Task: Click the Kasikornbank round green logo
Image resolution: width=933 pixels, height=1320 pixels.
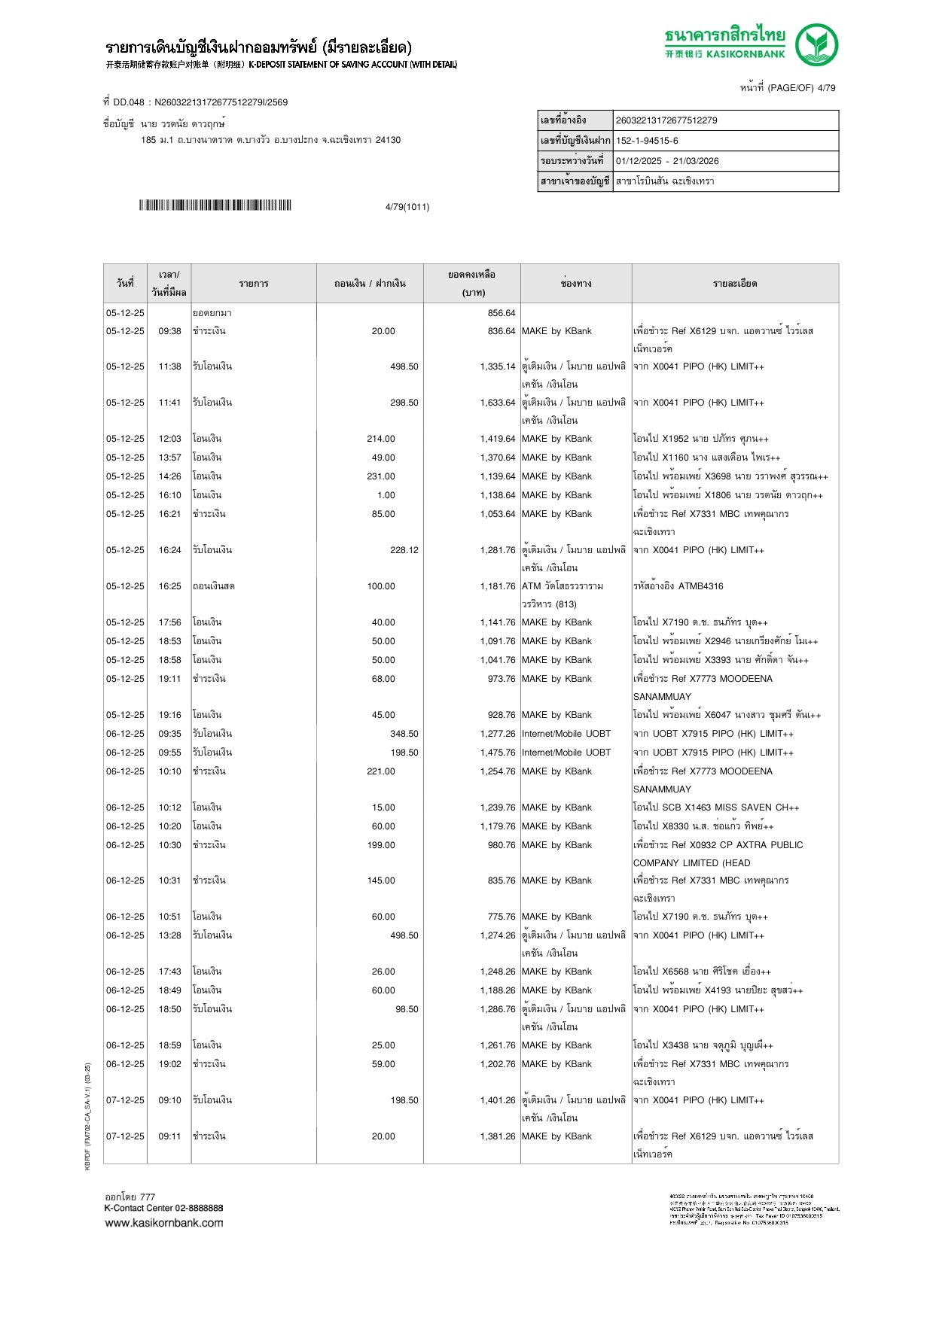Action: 816,45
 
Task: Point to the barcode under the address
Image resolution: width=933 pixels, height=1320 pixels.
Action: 215,205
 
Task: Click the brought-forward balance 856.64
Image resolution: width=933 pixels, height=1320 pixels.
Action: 501,313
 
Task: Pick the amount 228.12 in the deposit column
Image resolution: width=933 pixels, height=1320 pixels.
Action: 404,550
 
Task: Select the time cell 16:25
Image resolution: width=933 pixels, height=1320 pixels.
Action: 169,586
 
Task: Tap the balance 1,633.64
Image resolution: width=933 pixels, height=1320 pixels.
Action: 498,403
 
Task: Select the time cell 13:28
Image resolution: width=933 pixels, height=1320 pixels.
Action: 169,935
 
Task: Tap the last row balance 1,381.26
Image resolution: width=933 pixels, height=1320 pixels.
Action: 498,1136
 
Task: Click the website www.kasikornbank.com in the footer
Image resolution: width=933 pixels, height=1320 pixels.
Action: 164,1223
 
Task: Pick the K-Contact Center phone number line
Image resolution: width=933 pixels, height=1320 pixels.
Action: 163,1208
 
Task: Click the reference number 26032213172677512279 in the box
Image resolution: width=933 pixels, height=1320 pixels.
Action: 666,120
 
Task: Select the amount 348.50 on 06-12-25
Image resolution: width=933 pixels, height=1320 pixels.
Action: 404,734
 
